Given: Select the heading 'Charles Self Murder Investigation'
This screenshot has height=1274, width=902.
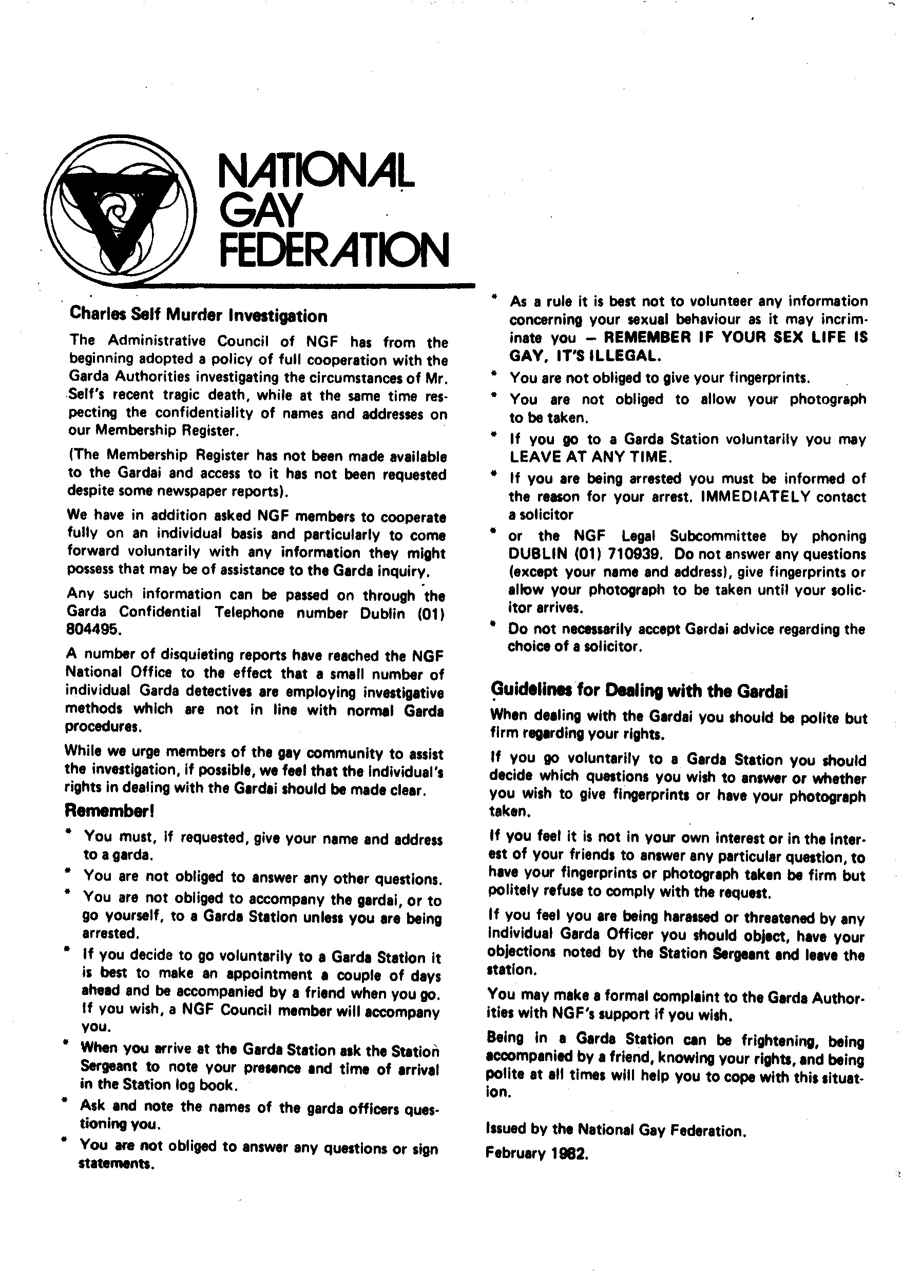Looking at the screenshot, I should (x=198, y=316).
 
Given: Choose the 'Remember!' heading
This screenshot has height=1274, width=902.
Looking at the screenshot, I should (x=109, y=811).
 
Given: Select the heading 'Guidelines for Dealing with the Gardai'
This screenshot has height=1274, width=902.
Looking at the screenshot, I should (x=639, y=691).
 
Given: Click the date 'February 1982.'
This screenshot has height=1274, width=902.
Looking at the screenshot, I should (x=536, y=1153).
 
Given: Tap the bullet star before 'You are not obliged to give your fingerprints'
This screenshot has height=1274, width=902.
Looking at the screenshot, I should (x=493, y=375).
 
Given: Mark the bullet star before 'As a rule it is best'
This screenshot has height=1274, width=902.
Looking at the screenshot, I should (x=494, y=298).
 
